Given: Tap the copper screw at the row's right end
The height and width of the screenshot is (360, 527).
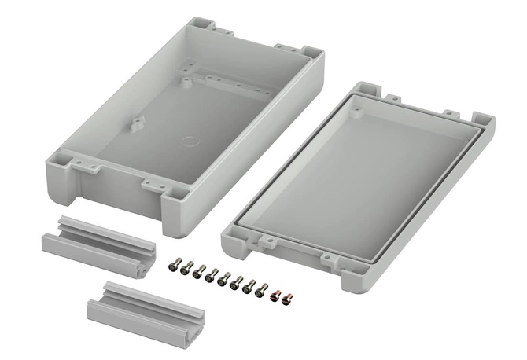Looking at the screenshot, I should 287,298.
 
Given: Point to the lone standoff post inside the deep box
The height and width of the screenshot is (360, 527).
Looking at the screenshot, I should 138,123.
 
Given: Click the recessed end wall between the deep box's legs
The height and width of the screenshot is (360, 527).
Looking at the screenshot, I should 118,189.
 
